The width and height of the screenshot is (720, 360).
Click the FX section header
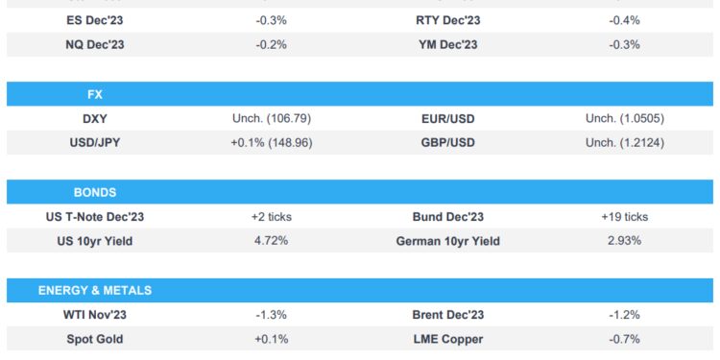[x=94, y=95]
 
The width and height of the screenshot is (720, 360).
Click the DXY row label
[x=94, y=119]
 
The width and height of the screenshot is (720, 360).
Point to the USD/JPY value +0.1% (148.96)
[x=271, y=143]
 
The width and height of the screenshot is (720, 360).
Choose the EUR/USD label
[x=447, y=119]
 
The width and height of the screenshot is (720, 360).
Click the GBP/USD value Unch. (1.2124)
[x=625, y=143]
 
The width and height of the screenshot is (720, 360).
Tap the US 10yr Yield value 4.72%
[x=271, y=241]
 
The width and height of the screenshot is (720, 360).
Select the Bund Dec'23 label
[x=447, y=217]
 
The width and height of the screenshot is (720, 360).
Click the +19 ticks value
[x=625, y=217]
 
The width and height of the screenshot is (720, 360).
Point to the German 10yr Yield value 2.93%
[x=625, y=241]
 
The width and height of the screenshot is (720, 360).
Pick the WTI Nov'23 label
[x=94, y=315]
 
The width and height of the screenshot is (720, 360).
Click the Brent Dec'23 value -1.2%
[x=625, y=315]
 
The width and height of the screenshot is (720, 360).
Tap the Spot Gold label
[x=94, y=339]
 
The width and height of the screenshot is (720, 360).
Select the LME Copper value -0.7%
[x=625, y=339]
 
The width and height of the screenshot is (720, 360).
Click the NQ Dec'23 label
[x=94, y=44]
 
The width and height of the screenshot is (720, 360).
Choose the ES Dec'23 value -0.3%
[x=271, y=20]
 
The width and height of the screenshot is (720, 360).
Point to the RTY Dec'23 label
[x=447, y=20]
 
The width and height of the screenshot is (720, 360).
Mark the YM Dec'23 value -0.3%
[x=625, y=44]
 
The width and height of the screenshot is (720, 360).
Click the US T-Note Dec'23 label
[x=94, y=217]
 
